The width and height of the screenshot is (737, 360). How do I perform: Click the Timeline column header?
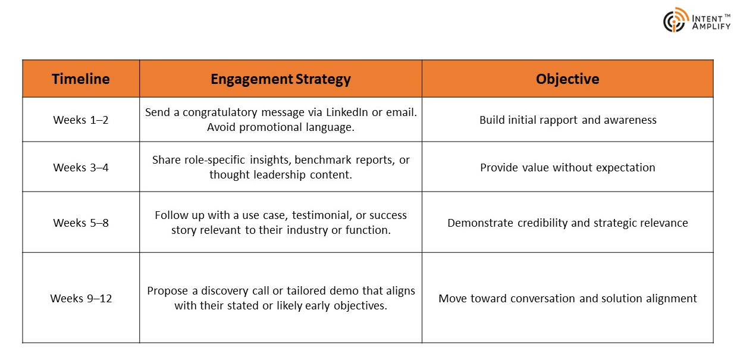pyautogui.click(x=81, y=79)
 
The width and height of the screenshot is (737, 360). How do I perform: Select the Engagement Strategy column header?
pyautogui.click(x=281, y=79)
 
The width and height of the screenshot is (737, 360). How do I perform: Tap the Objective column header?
pyautogui.click(x=567, y=79)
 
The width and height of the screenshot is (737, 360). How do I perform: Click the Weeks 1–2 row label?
pyautogui.click(x=81, y=120)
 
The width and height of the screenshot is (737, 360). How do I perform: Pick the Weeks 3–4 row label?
pyautogui.click(x=81, y=167)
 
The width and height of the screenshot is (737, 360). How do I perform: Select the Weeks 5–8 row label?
pyautogui.click(x=81, y=223)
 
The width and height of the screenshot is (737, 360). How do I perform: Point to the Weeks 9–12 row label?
pyautogui.click(x=81, y=298)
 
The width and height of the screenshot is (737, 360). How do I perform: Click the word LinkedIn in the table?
pyautogui.click(x=347, y=112)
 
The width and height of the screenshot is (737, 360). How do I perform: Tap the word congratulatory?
pyautogui.click(x=219, y=113)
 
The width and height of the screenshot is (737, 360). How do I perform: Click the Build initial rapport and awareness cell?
pyautogui.click(x=568, y=120)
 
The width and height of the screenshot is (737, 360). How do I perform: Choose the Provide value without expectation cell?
pyautogui.click(x=567, y=168)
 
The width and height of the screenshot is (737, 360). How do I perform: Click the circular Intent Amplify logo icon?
pyautogui.click(x=676, y=20)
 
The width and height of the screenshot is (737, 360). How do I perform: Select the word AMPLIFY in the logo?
pyautogui.click(x=711, y=26)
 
